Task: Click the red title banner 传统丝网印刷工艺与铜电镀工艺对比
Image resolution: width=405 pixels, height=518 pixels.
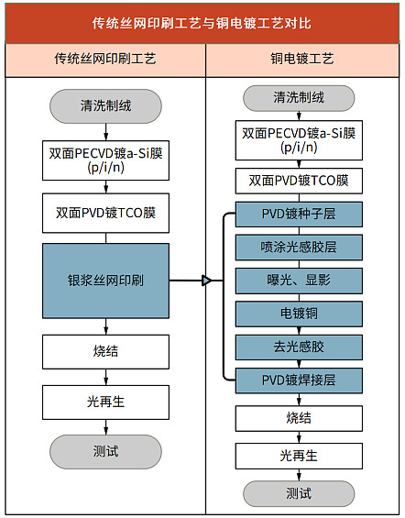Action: click(202, 23)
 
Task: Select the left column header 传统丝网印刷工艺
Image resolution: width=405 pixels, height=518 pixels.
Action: click(105, 60)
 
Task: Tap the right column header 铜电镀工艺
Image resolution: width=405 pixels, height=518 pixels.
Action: click(302, 60)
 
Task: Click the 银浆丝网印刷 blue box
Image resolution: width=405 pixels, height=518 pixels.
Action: click(105, 281)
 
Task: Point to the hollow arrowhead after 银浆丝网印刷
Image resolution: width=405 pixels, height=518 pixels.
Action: click(207, 281)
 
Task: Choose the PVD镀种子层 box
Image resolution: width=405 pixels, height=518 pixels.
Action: click(299, 214)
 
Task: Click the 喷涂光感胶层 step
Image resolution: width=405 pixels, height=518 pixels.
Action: click(299, 248)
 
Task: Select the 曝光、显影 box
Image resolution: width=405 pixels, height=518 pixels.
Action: click(299, 281)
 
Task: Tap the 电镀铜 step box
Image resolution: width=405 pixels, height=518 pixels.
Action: click(299, 314)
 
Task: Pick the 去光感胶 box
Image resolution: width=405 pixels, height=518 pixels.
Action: click(299, 347)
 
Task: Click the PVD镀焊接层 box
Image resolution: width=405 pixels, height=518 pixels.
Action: click(299, 380)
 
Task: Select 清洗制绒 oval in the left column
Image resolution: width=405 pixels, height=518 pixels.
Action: click(105, 106)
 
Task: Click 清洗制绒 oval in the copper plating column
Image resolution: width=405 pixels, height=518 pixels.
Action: click(299, 98)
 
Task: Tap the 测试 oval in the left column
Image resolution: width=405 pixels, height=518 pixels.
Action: click(105, 452)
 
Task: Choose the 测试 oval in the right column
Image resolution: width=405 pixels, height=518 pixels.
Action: click(299, 494)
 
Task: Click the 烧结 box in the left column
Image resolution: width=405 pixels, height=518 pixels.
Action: click(105, 352)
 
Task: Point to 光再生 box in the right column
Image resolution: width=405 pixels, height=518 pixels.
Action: click(299, 457)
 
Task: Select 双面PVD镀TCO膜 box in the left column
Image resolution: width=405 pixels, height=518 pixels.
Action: click(105, 213)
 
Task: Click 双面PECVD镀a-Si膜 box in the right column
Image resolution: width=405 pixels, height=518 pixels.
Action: click(299, 140)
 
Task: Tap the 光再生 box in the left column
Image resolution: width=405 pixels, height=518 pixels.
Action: click(105, 402)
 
